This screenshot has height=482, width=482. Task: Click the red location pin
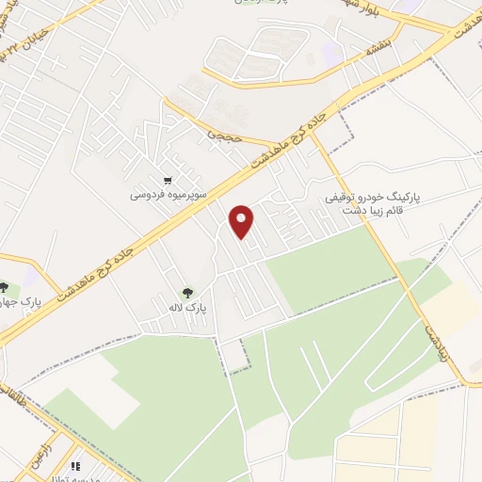tap(243, 219)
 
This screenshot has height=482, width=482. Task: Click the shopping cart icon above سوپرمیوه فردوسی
tap(168, 181)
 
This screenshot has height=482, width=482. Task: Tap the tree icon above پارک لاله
tap(186, 292)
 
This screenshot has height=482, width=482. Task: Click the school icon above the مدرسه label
tap(75, 464)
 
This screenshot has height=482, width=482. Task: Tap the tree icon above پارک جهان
tap(4, 287)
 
